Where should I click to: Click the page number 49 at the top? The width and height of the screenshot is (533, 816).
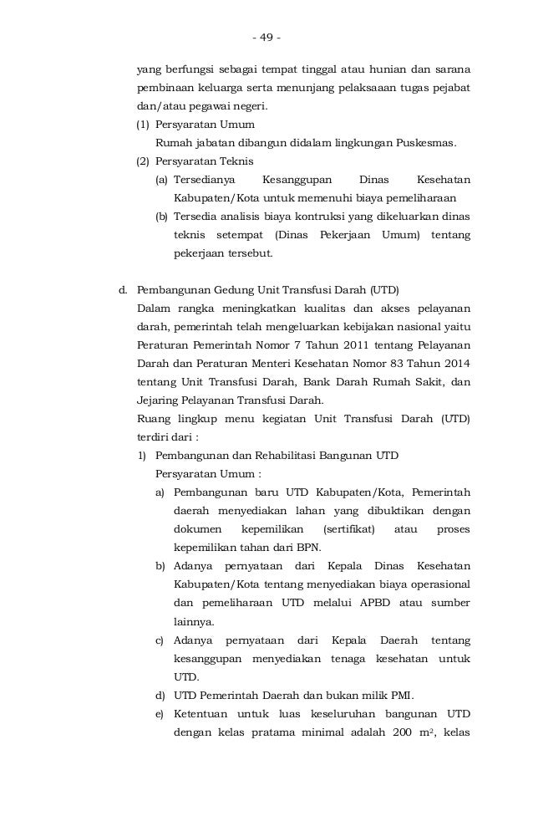coord(266,38)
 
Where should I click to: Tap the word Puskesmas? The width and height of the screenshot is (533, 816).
coord(427,142)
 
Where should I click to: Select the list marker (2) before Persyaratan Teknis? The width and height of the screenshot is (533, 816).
coord(145,161)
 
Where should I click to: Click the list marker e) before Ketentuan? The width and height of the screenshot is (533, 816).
coord(159,713)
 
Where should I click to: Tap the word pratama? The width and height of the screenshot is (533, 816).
coord(256,732)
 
